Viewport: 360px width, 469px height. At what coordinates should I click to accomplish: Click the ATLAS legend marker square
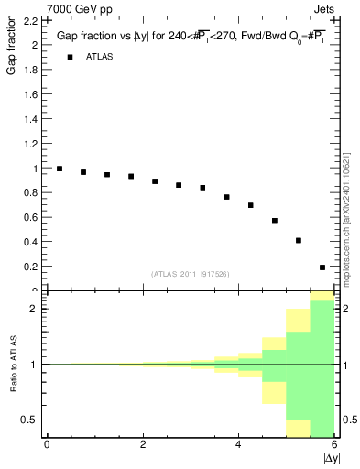tap(69, 57)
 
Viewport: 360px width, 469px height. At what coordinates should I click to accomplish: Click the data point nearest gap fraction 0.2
tap(322, 267)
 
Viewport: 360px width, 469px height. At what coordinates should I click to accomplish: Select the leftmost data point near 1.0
tap(60, 169)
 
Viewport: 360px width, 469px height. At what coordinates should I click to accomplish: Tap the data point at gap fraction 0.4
tap(299, 241)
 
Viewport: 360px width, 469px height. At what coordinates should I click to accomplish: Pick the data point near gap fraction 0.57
tap(275, 221)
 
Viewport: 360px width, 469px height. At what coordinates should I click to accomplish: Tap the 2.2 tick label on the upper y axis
tap(31, 20)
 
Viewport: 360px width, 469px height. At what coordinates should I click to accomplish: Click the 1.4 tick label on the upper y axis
tap(31, 119)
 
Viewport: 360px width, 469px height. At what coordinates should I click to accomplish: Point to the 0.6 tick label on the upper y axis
tap(31, 218)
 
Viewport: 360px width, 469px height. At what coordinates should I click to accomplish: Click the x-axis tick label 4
tap(239, 444)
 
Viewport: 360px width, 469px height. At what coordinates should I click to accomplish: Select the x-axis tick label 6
tap(335, 444)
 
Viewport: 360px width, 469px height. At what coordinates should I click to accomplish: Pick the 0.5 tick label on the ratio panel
tap(31, 420)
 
